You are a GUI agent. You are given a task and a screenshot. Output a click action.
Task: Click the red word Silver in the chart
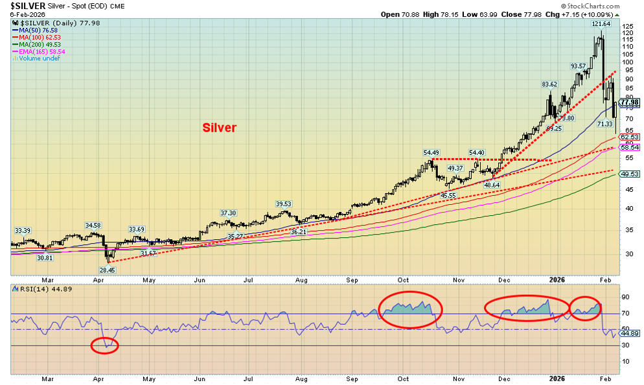click(219, 128)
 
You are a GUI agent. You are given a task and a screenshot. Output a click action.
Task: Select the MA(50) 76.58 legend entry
click(39, 30)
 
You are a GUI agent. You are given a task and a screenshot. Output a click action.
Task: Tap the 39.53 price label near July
click(283, 204)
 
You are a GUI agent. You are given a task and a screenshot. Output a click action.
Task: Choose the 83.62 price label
click(549, 84)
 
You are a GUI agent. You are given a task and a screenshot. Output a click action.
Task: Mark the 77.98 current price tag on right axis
click(630, 102)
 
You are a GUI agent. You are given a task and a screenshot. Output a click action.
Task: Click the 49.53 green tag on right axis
click(630, 174)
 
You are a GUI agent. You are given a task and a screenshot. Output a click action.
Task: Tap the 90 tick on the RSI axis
click(625, 297)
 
